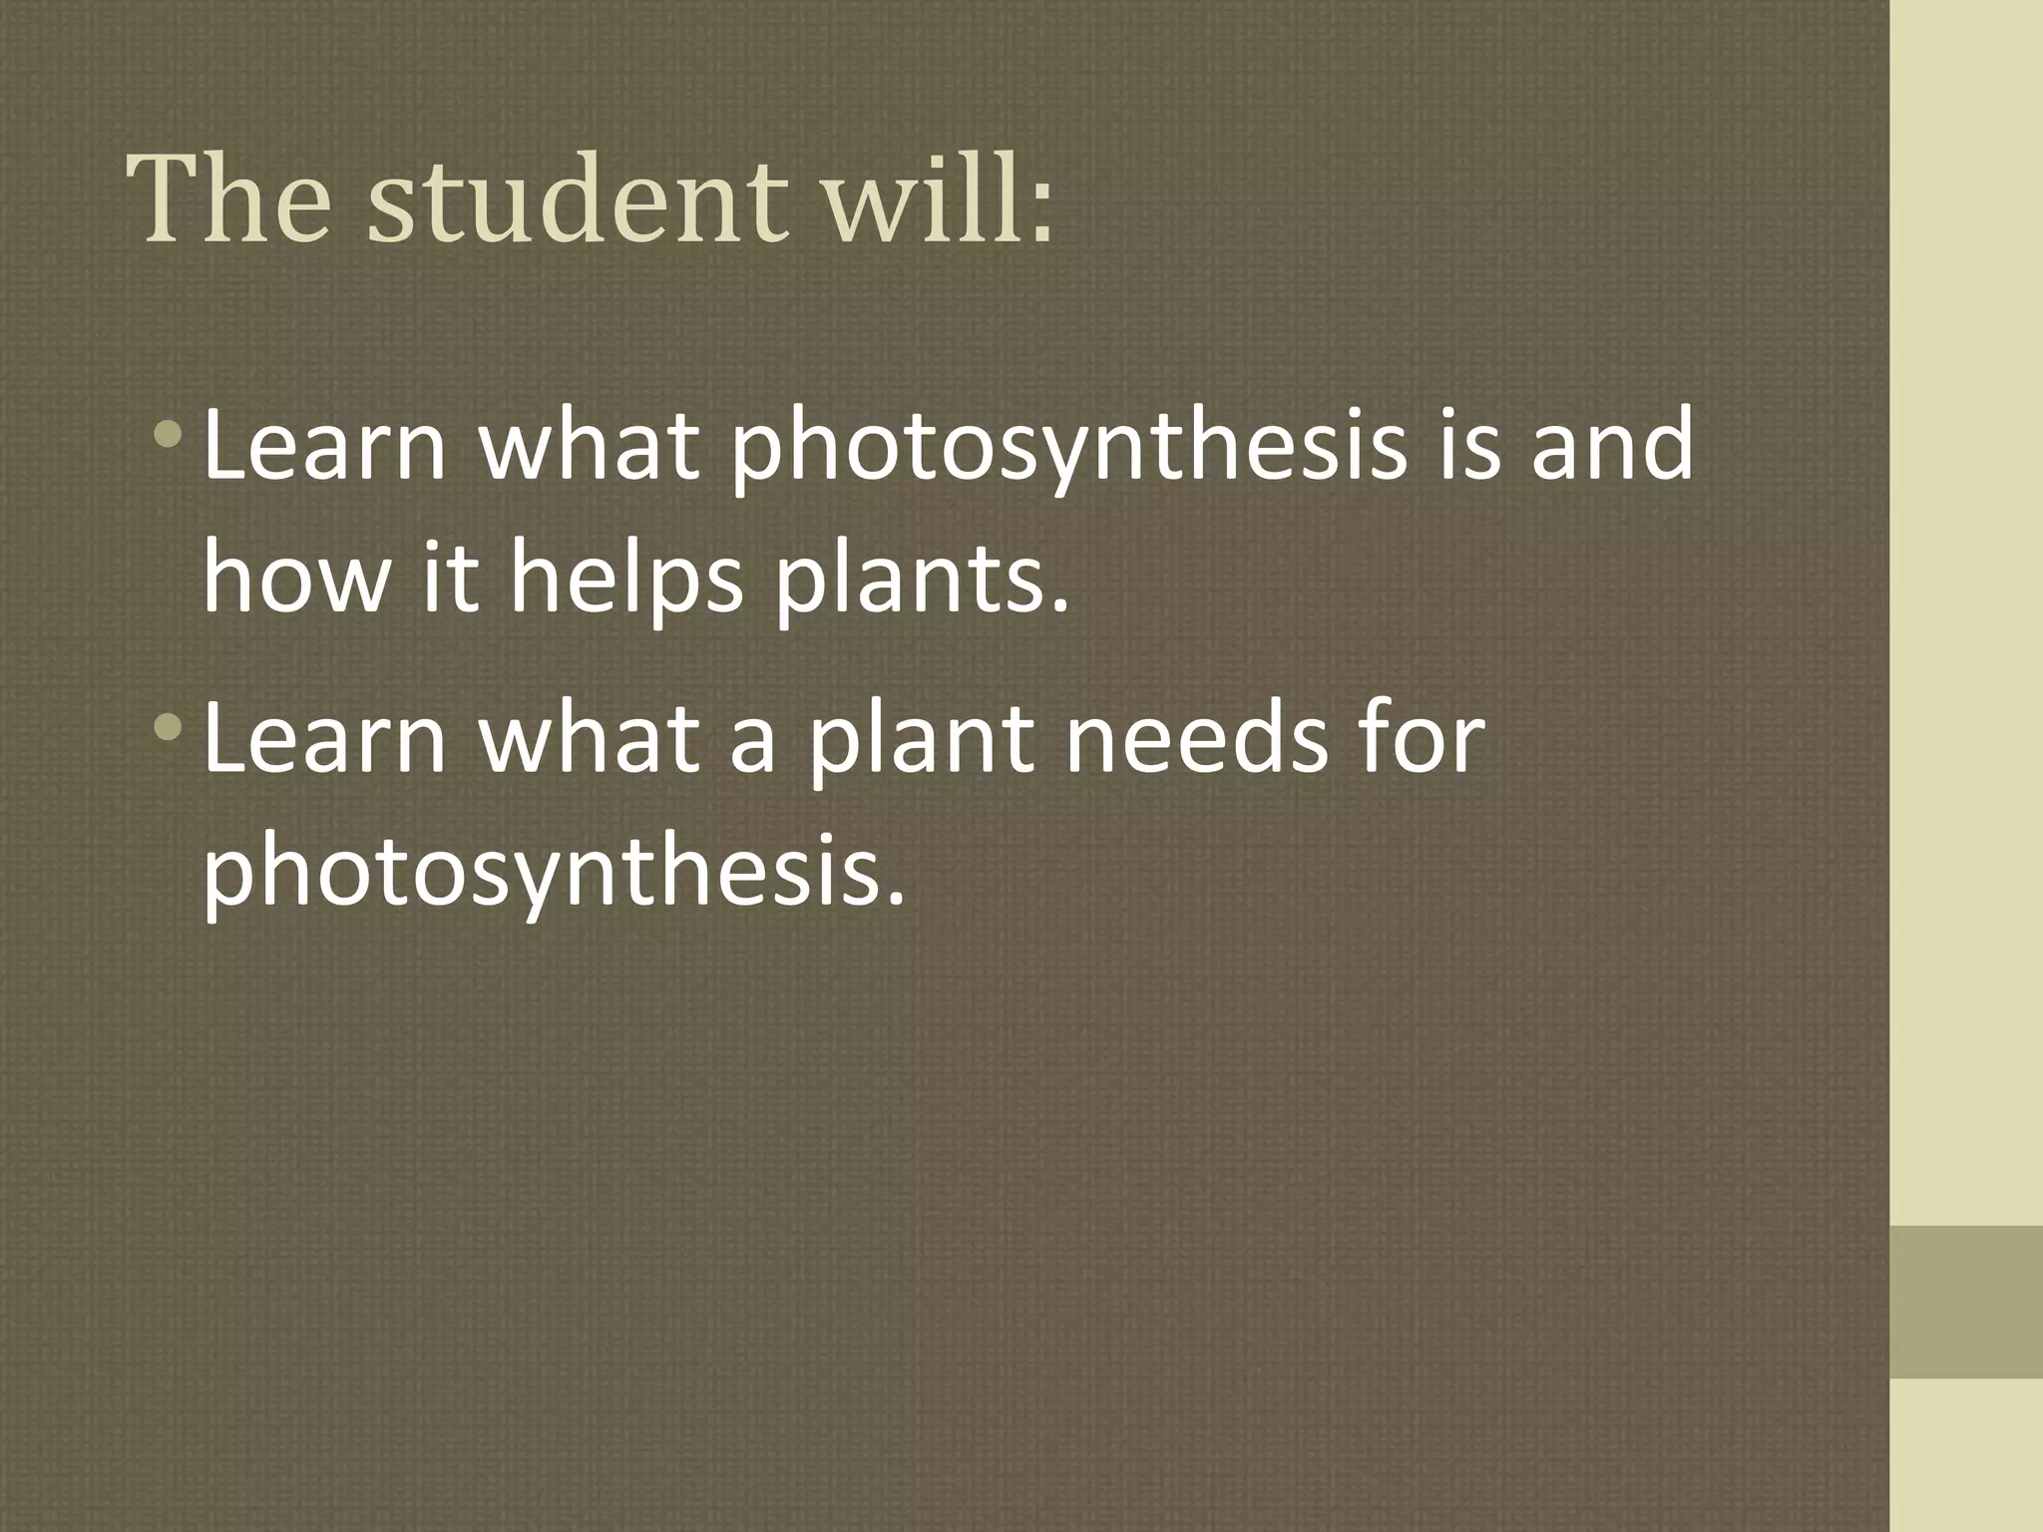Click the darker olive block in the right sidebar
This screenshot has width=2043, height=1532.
[1966, 1301]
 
